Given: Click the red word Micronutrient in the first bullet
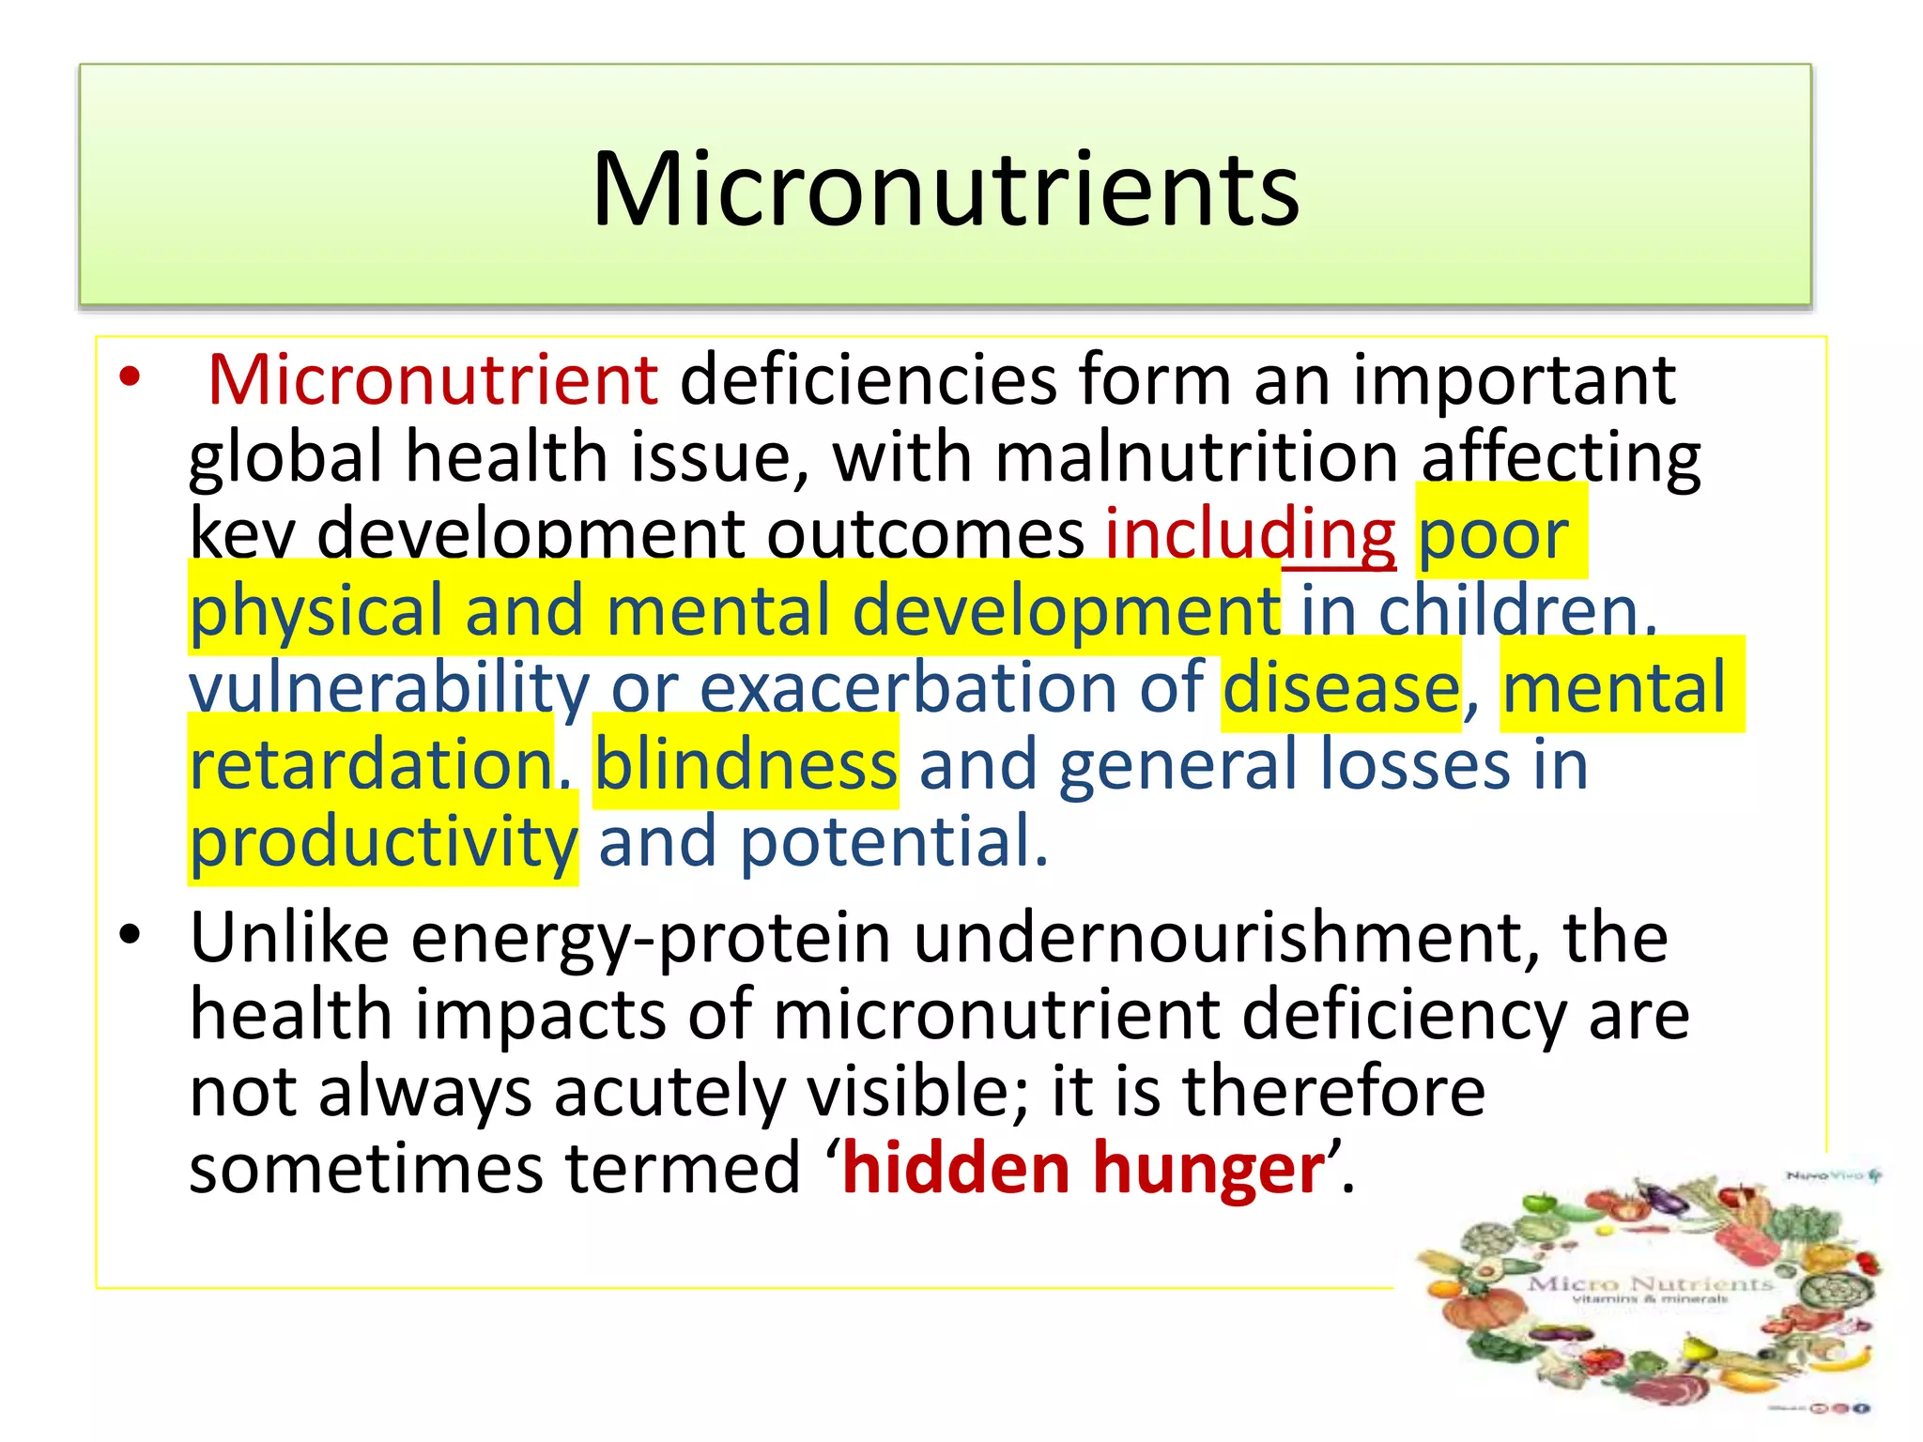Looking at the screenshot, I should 433,379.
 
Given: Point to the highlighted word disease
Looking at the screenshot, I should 1341,687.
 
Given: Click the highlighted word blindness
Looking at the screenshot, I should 746,764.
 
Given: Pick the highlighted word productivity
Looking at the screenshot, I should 383,841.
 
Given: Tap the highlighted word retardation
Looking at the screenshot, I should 371,764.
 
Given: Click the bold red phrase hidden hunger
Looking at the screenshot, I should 1084,1168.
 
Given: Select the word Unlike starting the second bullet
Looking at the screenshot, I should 289,937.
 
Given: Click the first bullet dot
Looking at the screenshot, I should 130,378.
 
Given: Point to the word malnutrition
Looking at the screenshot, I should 1196,457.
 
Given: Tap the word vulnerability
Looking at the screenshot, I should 389,687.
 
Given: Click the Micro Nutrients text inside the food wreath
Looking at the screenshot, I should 1650,1283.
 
